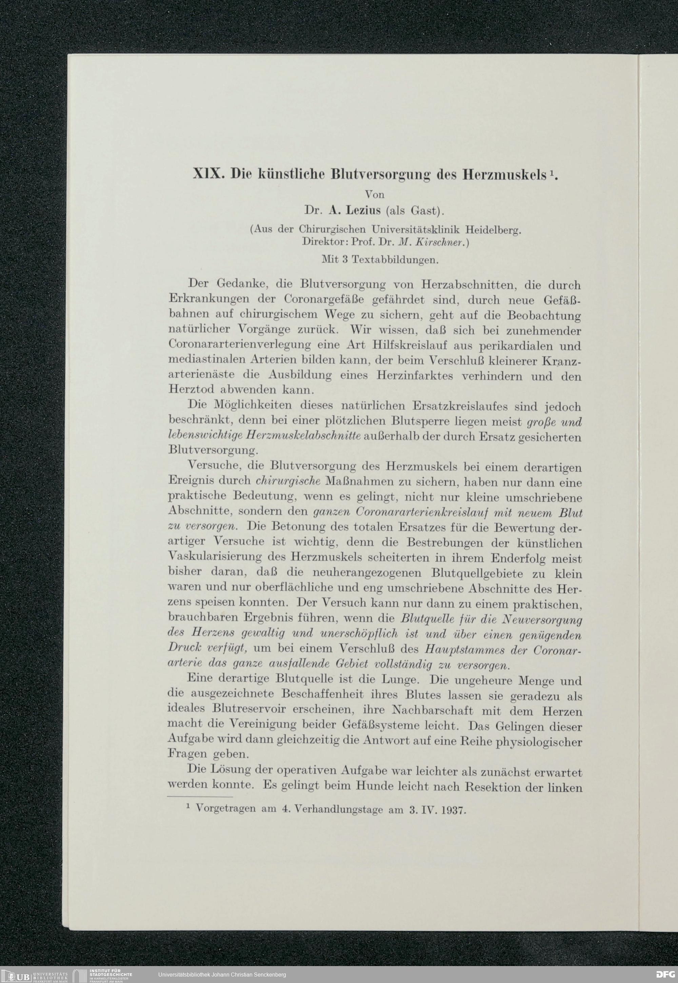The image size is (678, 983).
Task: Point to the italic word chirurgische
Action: click(290, 483)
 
